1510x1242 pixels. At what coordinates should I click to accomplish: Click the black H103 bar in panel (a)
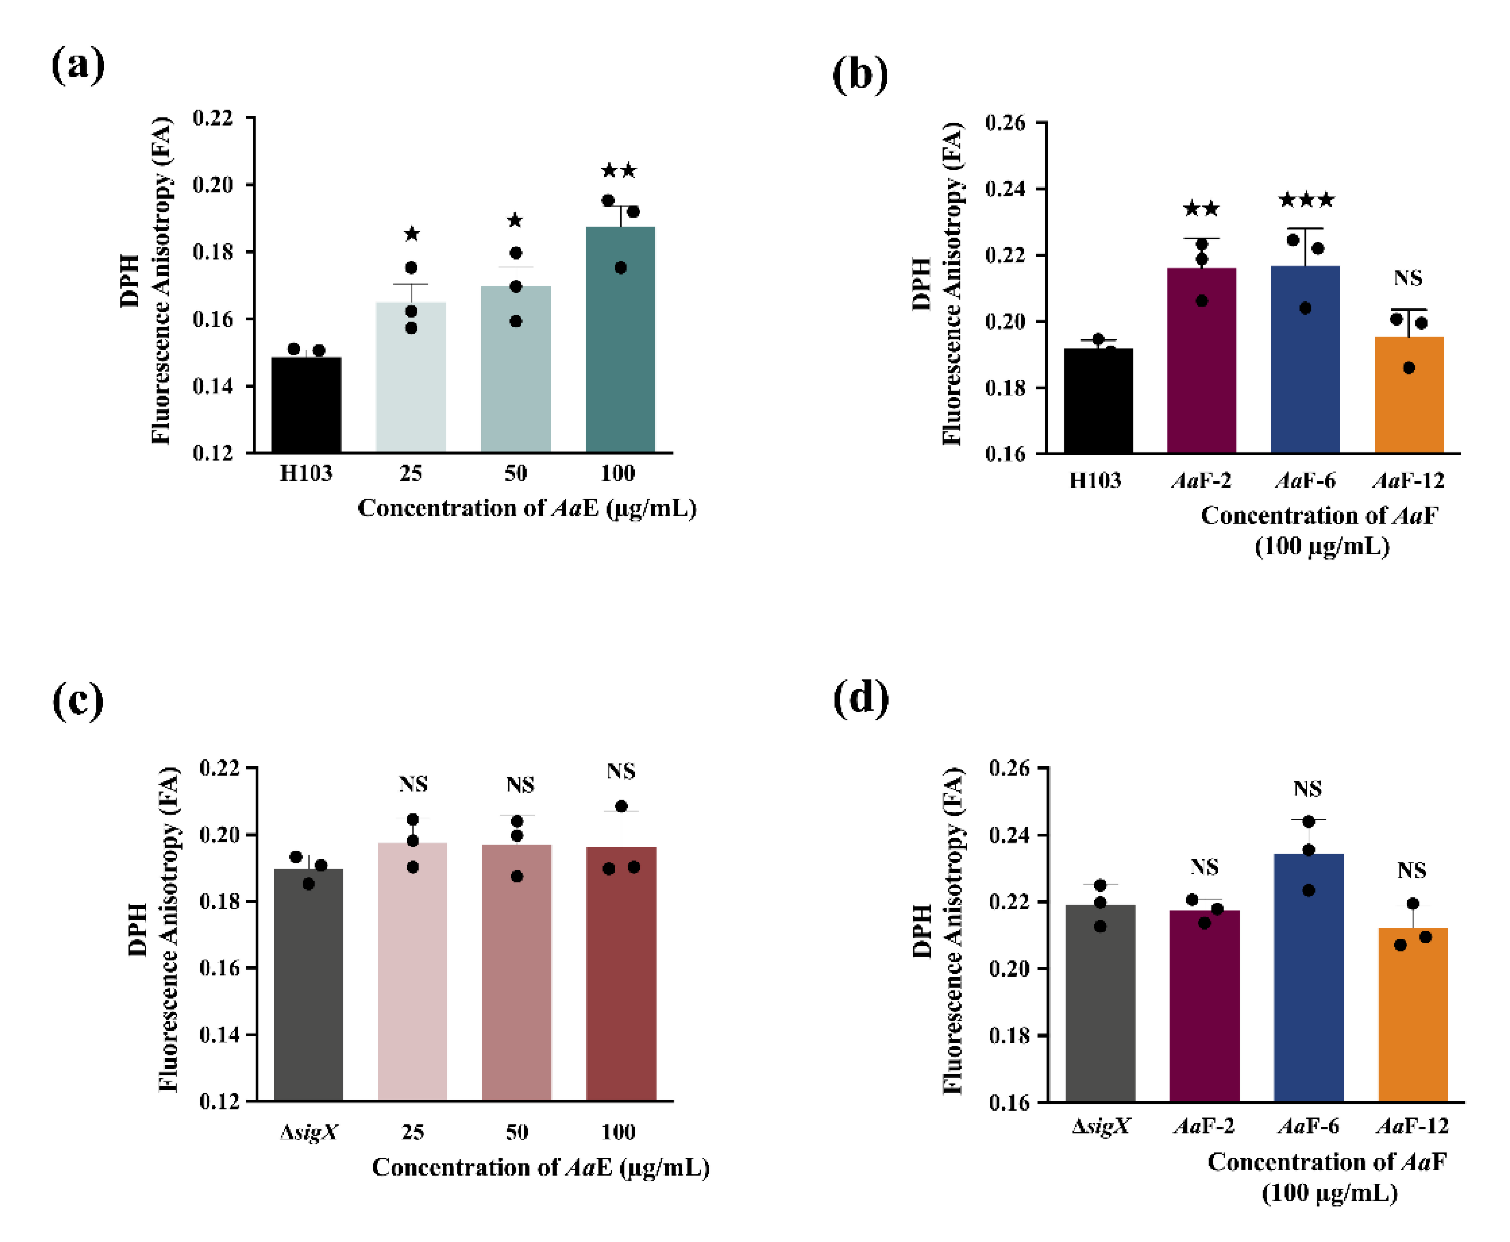click(x=306, y=404)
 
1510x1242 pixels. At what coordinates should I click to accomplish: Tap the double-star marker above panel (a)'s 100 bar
click(x=619, y=170)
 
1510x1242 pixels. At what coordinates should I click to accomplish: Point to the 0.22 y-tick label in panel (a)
click(x=213, y=118)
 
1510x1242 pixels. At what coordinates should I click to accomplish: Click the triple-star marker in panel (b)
click(x=1305, y=200)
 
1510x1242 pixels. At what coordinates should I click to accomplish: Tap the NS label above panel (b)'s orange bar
click(x=1408, y=279)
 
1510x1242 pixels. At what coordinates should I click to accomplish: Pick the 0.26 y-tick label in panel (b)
click(x=1004, y=123)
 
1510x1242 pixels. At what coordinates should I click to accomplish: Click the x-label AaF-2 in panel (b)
click(x=1201, y=480)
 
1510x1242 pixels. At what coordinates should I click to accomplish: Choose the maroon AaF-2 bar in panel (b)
click(x=1201, y=361)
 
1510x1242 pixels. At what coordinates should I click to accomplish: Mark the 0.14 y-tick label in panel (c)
click(x=219, y=1034)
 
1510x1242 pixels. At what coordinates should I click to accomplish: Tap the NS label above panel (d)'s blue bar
click(x=1307, y=789)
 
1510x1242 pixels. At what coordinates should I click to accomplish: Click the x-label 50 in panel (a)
click(x=516, y=473)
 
